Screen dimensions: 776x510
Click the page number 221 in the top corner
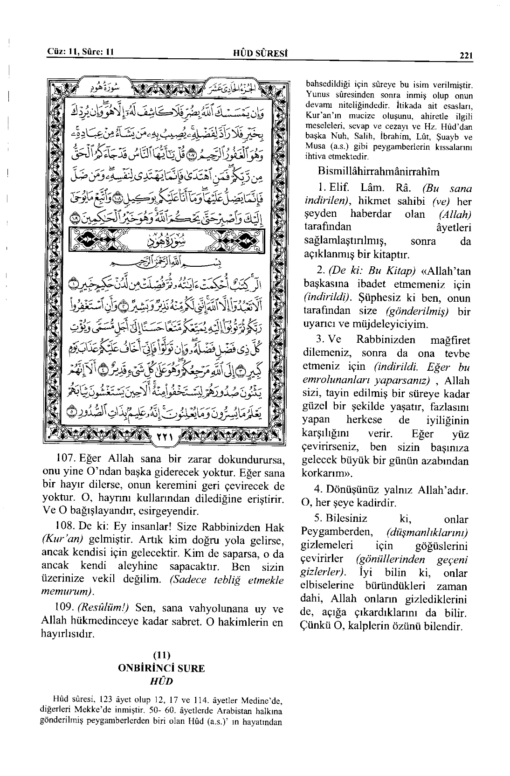466,55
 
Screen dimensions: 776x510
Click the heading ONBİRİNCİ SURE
161,668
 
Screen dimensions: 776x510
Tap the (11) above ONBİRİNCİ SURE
161,656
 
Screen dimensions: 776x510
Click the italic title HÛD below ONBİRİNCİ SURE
161,681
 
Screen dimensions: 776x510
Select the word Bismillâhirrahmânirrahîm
378,171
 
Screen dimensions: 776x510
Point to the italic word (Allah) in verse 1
455,215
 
